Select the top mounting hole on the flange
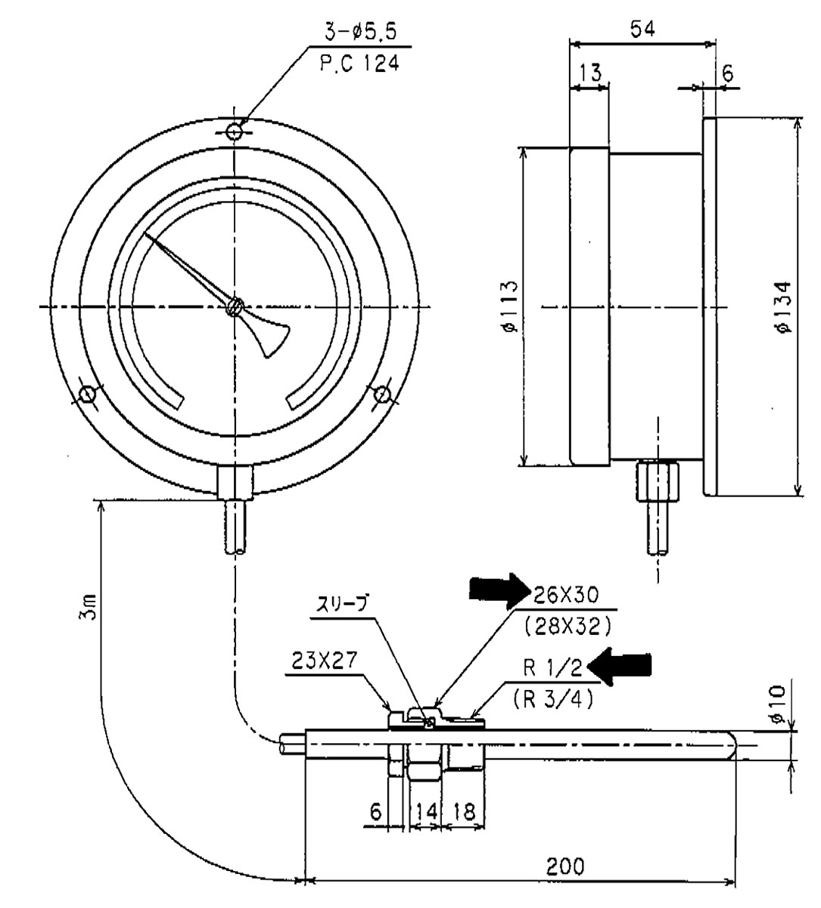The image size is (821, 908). tap(235, 132)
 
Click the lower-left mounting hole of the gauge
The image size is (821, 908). tap(88, 394)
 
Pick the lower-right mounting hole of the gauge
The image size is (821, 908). tap(383, 394)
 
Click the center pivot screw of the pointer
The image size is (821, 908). tap(235, 306)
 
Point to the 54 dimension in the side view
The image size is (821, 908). tap(642, 30)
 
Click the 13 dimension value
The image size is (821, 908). tap(589, 73)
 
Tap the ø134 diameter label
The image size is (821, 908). tap(785, 306)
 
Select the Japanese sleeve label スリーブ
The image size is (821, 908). tap(341, 606)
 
